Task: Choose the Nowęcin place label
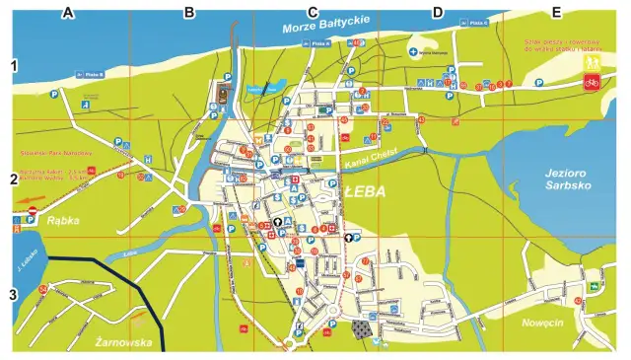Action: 542,321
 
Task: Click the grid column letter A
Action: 68,12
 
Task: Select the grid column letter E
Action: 556,12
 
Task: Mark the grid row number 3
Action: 14,293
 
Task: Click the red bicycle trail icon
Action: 592,83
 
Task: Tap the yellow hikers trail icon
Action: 593,62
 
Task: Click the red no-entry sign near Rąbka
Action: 32,211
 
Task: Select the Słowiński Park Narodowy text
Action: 55,154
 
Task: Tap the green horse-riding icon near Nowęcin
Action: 595,286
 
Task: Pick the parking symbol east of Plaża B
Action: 54,95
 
